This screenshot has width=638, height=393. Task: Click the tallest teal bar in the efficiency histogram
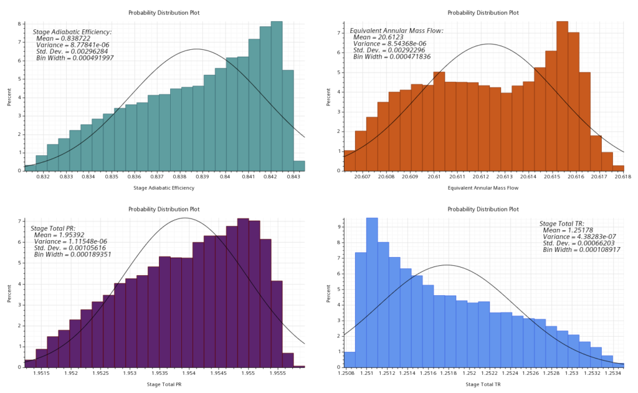click(x=277, y=94)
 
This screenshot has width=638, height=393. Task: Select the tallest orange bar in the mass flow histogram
click(x=562, y=94)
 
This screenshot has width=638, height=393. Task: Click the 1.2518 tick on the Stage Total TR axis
click(x=447, y=374)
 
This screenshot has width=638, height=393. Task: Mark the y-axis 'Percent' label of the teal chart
click(x=10, y=97)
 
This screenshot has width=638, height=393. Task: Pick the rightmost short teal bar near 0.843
click(x=299, y=165)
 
